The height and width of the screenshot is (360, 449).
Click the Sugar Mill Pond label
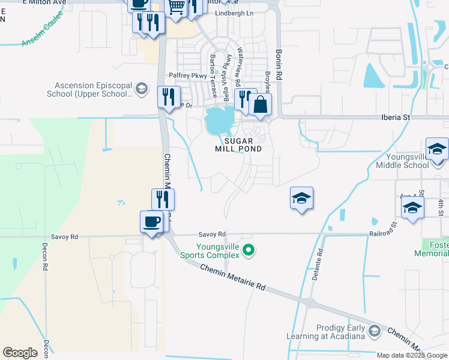tap(238, 145)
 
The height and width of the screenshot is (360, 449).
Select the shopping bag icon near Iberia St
tap(261, 104)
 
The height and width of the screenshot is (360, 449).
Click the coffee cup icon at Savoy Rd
tap(151, 222)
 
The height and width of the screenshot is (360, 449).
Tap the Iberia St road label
tap(394, 118)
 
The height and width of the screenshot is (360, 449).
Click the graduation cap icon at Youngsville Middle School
tap(437, 149)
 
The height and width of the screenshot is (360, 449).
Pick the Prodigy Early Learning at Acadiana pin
tap(375, 331)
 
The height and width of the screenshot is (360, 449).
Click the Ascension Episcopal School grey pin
tap(142, 89)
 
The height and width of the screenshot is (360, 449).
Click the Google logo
tap(20, 353)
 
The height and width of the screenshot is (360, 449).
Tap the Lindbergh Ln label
tap(234, 13)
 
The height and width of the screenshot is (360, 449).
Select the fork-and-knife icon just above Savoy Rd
tap(163, 199)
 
